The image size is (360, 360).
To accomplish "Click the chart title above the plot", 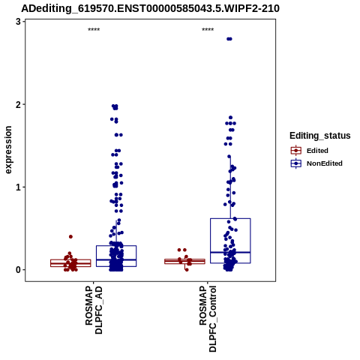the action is [150, 8].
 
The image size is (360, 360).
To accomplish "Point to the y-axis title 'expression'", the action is [8, 150].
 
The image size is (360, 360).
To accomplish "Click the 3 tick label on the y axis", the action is [18, 22].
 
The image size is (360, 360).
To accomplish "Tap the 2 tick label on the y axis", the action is [18, 104].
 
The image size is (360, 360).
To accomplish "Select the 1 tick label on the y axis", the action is [18, 187].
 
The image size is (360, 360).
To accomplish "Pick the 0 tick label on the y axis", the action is [18, 270].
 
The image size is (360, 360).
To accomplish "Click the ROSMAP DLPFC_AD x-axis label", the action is [94, 310].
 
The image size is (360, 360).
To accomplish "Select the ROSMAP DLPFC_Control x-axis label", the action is [208, 319].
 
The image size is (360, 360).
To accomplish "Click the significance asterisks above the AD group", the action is [94, 30].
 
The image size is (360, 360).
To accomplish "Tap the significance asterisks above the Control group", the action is [208, 30].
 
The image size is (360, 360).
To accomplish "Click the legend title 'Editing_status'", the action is [320, 136].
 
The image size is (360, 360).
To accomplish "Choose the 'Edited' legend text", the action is [317, 151].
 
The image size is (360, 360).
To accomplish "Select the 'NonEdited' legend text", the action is [325, 163].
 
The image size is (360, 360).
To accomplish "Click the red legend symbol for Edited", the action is [296, 151].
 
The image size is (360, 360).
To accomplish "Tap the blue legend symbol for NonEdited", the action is [296, 163].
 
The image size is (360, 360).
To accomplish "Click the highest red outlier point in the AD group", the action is [70, 236].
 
